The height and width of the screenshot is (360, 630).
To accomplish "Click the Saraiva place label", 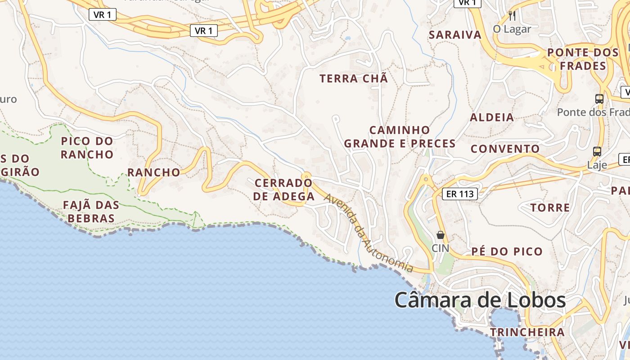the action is tap(455, 35).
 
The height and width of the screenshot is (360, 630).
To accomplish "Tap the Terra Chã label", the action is tap(354, 78).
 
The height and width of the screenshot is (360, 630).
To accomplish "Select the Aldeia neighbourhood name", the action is tap(492, 117).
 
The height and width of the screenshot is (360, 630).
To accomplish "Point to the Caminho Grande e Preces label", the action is tap(400, 137).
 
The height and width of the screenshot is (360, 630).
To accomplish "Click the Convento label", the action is tap(505, 149).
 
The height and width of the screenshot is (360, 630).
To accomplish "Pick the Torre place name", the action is tap(550, 207).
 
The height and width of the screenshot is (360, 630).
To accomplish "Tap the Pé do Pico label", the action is tap(507, 251).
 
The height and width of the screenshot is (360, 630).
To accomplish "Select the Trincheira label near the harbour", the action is tap(527, 332).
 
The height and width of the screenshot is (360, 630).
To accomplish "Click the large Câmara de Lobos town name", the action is tap(480, 300).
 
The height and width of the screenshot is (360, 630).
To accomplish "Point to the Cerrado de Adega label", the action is tap(283, 189).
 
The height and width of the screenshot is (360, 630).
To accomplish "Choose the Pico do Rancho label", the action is tap(87, 148).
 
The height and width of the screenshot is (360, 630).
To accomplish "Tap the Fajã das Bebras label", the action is tap(91, 211).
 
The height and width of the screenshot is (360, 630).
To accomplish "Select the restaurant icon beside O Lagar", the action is tap(512, 16).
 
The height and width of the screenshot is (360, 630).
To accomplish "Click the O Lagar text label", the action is tap(512, 29).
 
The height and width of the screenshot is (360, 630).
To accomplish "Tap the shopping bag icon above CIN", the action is tap(441, 235).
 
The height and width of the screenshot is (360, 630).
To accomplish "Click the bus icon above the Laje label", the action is tap(597, 152).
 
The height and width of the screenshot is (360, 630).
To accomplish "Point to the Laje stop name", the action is tap(597, 165).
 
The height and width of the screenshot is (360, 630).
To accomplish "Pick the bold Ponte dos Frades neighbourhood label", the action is tap(583, 59).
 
